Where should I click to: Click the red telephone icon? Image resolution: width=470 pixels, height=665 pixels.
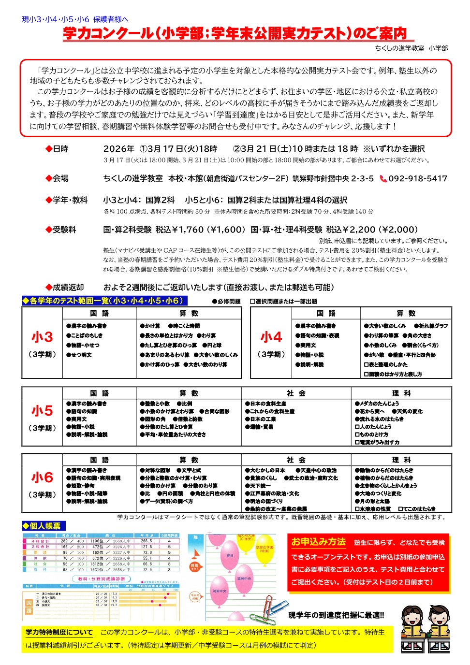click(383, 179)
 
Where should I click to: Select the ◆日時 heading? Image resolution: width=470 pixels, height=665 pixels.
click(57, 149)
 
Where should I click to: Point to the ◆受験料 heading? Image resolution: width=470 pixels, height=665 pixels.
click(61, 230)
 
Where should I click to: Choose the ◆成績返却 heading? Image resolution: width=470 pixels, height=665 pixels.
click(65, 287)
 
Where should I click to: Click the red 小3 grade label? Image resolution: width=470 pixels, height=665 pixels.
click(42, 337)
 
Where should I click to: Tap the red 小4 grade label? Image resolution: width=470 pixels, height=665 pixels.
click(271, 337)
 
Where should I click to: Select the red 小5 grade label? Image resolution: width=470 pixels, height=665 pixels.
click(42, 411)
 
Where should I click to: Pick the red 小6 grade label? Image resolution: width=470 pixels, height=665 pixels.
click(42, 477)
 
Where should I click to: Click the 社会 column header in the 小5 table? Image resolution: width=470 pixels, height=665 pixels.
click(296, 393)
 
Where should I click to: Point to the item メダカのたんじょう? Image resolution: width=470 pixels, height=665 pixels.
click(377, 404)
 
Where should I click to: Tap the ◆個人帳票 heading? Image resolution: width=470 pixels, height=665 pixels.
click(44, 526)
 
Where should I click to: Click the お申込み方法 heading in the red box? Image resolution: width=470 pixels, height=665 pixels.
click(318, 542)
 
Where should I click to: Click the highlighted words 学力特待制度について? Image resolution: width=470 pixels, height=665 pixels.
click(59, 632)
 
